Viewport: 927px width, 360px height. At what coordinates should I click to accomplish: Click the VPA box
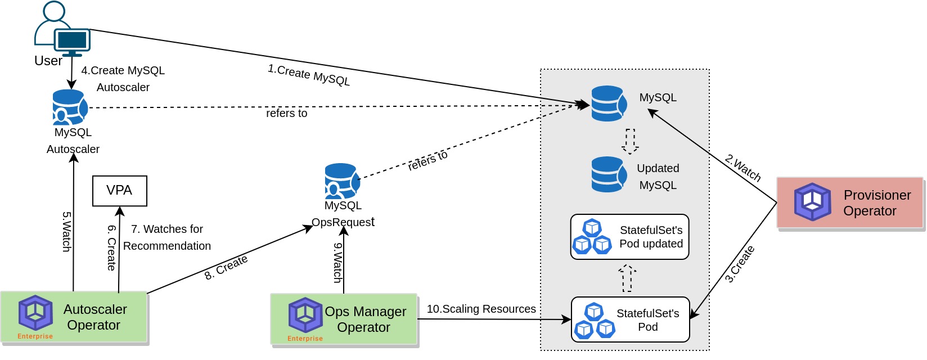[119, 191]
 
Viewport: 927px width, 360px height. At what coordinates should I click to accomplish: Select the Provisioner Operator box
[849, 203]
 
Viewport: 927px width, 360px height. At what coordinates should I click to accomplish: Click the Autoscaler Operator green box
[74, 317]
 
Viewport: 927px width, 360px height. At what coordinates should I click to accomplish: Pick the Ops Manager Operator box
[344, 319]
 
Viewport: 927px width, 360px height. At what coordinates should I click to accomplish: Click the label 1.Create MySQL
[308, 75]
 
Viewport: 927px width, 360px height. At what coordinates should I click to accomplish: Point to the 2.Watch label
[743, 168]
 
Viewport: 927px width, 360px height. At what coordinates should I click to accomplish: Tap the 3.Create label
[739, 264]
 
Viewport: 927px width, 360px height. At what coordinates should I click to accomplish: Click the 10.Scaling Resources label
[481, 309]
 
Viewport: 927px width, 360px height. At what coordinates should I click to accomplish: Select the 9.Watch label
[337, 262]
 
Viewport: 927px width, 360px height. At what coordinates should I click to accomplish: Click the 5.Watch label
[66, 231]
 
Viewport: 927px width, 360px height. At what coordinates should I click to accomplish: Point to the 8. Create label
[226, 267]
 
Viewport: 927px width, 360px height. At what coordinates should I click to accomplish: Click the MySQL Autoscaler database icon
[70, 107]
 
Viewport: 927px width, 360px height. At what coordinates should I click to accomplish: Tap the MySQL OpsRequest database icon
[341, 181]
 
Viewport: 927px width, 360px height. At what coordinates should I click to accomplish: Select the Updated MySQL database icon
[609, 174]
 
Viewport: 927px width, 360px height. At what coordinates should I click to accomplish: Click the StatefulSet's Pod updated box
[629, 237]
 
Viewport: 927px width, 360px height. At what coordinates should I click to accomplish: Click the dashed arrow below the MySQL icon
[630, 141]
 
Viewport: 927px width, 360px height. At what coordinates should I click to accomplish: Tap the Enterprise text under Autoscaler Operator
[35, 336]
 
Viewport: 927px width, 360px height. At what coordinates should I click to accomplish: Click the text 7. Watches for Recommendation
[166, 237]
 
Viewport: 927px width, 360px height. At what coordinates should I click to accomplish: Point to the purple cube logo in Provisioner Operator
[812, 202]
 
